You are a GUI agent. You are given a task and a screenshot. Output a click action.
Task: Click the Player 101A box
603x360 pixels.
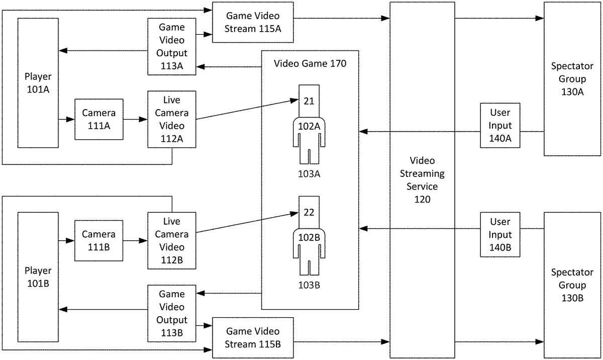[x=38, y=83]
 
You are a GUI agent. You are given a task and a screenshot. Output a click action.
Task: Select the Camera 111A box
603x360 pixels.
[x=98, y=119]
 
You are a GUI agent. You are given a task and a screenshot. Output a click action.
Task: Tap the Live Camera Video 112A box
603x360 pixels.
[x=171, y=119]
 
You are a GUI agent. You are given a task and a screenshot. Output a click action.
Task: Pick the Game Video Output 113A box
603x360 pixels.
[x=171, y=47]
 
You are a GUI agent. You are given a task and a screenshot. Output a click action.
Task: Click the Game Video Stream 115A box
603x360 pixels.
[x=253, y=23]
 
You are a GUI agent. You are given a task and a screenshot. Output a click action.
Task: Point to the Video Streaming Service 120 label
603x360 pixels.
[x=422, y=180]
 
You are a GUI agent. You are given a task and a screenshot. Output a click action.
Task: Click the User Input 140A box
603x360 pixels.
[x=500, y=126]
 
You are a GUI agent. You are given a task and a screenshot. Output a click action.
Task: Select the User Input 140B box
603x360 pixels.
[x=500, y=235]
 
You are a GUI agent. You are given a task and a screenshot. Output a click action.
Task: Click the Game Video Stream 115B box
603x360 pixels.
[x=253, y=338]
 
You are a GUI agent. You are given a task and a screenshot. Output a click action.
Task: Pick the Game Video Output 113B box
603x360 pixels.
[x=171, y=313]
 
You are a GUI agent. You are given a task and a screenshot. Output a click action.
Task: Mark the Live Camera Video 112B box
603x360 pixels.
[x=171, y=241]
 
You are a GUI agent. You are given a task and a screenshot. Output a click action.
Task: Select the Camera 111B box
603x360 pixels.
[x=98, y=240]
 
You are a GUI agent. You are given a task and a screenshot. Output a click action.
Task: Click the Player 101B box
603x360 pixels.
[x=38, y=278]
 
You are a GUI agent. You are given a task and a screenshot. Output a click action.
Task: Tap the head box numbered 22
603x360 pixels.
[x=309, y=212]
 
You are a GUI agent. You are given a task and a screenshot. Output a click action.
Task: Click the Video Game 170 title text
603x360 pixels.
[x=310, y=64]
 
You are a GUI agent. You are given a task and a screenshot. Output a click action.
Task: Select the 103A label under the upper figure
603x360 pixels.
[x=309, y=174]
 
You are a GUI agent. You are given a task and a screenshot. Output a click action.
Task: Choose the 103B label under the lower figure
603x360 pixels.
[x=309, y=286]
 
